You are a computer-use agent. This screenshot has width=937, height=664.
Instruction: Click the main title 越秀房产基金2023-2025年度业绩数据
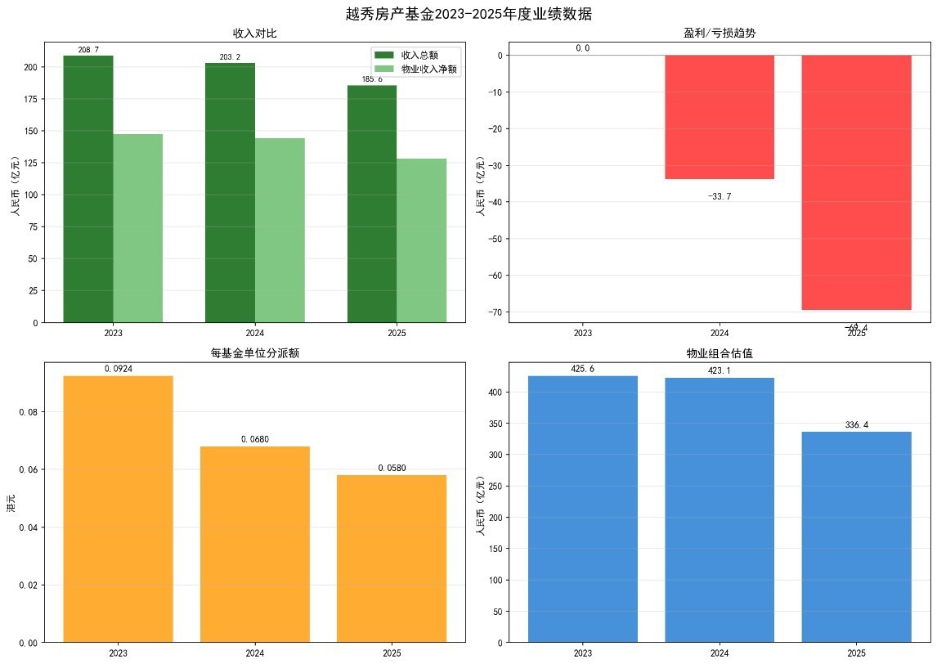pyautogui.click(x=468, y=14)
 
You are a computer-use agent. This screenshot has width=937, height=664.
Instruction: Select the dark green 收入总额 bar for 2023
pyautogui.click(x=88, y=188)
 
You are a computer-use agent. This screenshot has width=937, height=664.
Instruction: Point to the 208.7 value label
pyautogui.click(x=88, y=50)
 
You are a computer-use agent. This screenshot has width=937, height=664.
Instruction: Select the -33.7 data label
pyautogui.click(x=720, y=196)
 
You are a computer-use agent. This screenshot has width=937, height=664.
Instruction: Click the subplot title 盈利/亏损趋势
pyautogui.click(x=720, y=33)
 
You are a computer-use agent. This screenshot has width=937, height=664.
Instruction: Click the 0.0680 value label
pyautogui.click(x=255, y=440)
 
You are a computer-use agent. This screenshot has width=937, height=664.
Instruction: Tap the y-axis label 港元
pyautogui.click(x=11, y=504)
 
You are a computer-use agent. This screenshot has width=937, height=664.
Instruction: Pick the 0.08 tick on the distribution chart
pyautogui.click(x=27, y=412)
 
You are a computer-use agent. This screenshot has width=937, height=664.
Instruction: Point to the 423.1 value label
pyautogui.click(x=720, y=370)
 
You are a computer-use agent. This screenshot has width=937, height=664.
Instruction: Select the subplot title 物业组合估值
pyautogui.click(x=720, y=353)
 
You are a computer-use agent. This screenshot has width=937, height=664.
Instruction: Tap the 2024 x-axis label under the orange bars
pyautogui.click(x=255, y=653)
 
